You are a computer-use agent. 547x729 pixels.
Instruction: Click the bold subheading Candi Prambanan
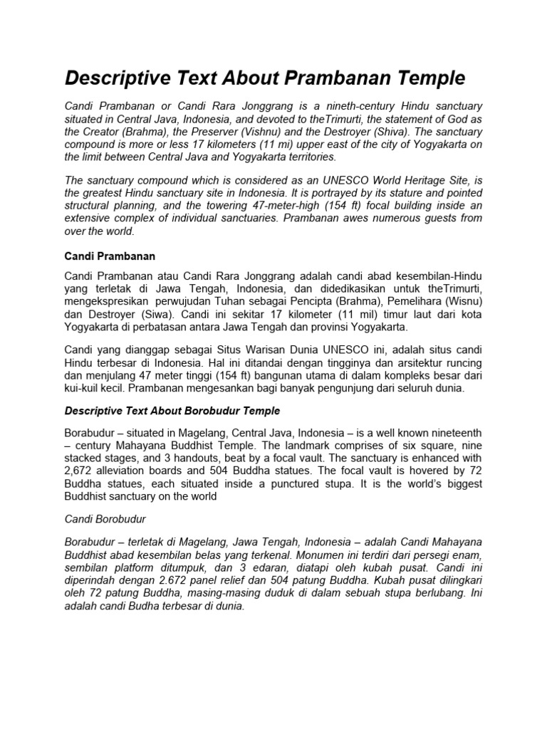point(110,255)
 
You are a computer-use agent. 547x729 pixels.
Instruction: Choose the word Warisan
point(253,350)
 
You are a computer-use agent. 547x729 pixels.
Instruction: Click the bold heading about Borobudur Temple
point(172,411)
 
